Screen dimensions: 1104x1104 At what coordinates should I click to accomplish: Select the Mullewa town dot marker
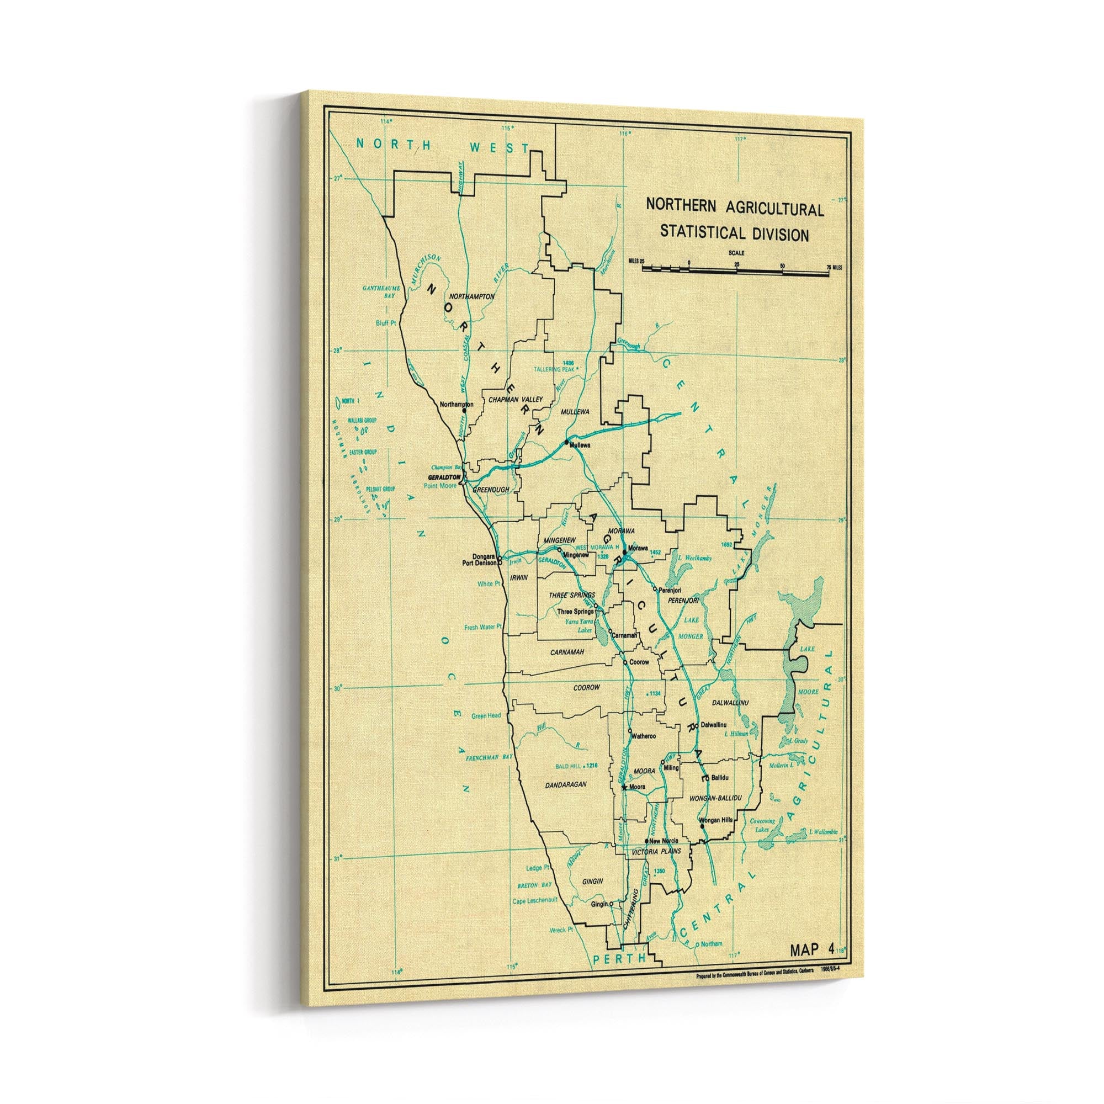(x=566, y=442)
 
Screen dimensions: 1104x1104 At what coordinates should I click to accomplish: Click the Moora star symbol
(x=624, y=788)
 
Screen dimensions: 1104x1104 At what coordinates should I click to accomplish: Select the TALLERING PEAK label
(x=554, y=370)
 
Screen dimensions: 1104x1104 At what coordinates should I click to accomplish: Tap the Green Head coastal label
(x=486, y=715)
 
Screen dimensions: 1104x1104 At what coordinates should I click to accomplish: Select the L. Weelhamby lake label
(x=694, y=558)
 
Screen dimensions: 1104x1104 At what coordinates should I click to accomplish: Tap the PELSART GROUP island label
(x=381, y=490)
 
